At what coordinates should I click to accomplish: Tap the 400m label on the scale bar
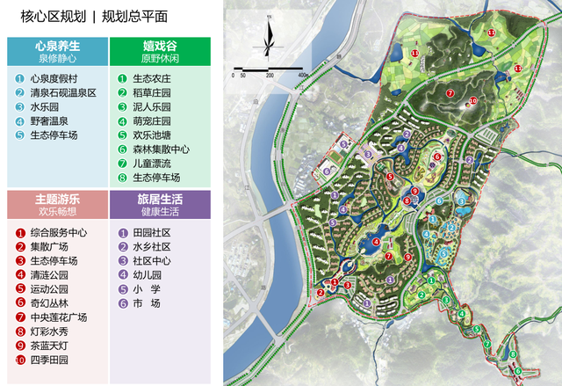tap(302, 76)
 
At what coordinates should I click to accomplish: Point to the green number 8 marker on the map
tap(513, 355)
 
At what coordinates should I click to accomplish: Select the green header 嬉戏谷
tap(160, 45)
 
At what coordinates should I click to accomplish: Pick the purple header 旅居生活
tap(160, 200)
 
